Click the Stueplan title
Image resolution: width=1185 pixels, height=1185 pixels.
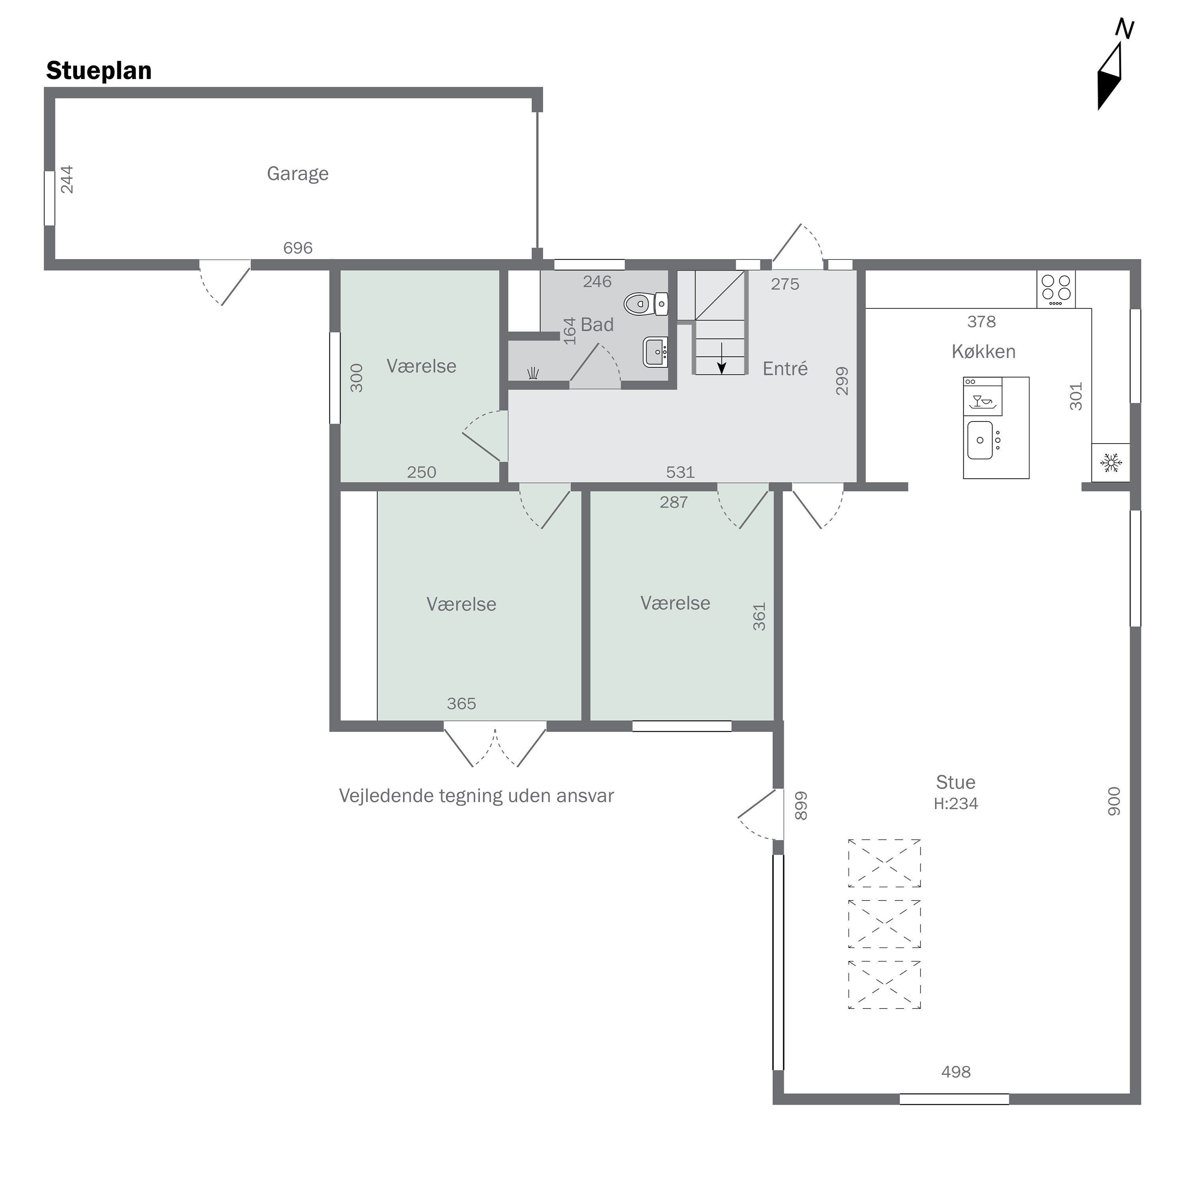click(x=99, y=71)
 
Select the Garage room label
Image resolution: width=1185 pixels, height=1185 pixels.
click(x=297, y=173)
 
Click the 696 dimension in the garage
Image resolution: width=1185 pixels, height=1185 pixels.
click(x=297, y=248)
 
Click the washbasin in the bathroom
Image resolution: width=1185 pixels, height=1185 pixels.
click(x=656, y=352)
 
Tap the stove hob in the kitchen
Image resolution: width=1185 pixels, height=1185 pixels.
click(x=1055, y=289)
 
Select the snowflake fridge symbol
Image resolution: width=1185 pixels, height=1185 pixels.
click(x=1110, y=463)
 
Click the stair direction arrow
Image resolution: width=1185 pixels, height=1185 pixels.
click(x=722, y=359)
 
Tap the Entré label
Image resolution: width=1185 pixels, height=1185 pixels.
click(x=785, y=368)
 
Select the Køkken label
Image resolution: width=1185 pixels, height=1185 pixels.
click(x=983, y=352)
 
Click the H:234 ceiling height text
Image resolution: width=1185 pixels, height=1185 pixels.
click(x=956, y=803)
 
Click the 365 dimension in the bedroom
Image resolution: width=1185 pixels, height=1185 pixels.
click(x=461, y=703)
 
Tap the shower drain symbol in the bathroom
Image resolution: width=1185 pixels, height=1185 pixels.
click(x=533, y=373)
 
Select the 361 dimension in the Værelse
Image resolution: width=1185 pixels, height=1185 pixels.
click(x=759, y=617)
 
